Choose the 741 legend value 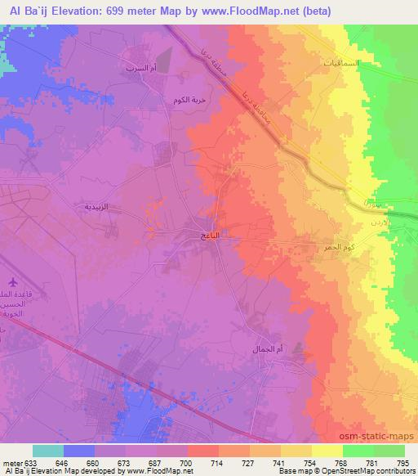click(277, 462)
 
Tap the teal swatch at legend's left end click(48, 451)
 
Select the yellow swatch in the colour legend click(326, 451)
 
